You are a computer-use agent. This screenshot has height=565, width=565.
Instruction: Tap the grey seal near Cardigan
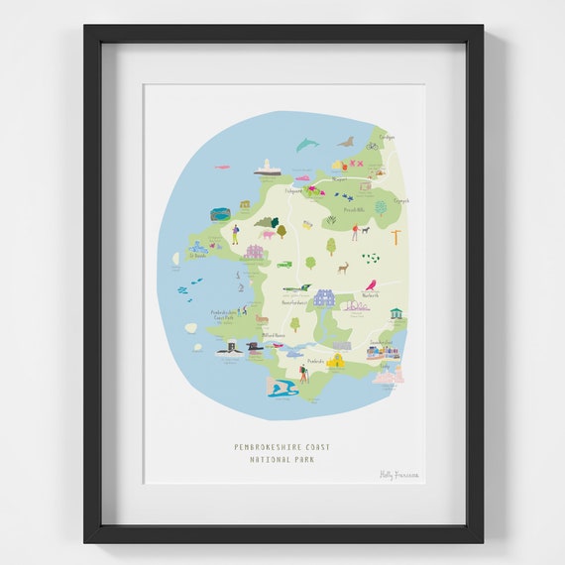pos(346,142)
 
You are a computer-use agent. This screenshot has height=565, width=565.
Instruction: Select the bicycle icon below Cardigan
pos(372,145)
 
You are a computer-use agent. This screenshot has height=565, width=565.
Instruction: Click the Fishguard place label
pos(294,189)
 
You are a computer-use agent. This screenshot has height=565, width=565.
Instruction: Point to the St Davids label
pos(197,255)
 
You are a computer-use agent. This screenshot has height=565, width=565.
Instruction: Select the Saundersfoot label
pos(382,342)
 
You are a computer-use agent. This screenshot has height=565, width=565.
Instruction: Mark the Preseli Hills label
pos(355,210)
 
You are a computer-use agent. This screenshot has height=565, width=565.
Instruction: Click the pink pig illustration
pos(267,235)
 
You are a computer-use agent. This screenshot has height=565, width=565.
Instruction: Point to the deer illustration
pos(343,267)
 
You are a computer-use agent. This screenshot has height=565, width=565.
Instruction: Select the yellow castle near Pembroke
pos(337,360)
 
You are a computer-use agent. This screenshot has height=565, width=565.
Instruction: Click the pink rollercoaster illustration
pos(356,307)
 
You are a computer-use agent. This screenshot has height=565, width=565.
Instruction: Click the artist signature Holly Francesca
pos(399,475)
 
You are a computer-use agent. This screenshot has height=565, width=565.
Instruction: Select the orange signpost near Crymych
pos(395,236)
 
